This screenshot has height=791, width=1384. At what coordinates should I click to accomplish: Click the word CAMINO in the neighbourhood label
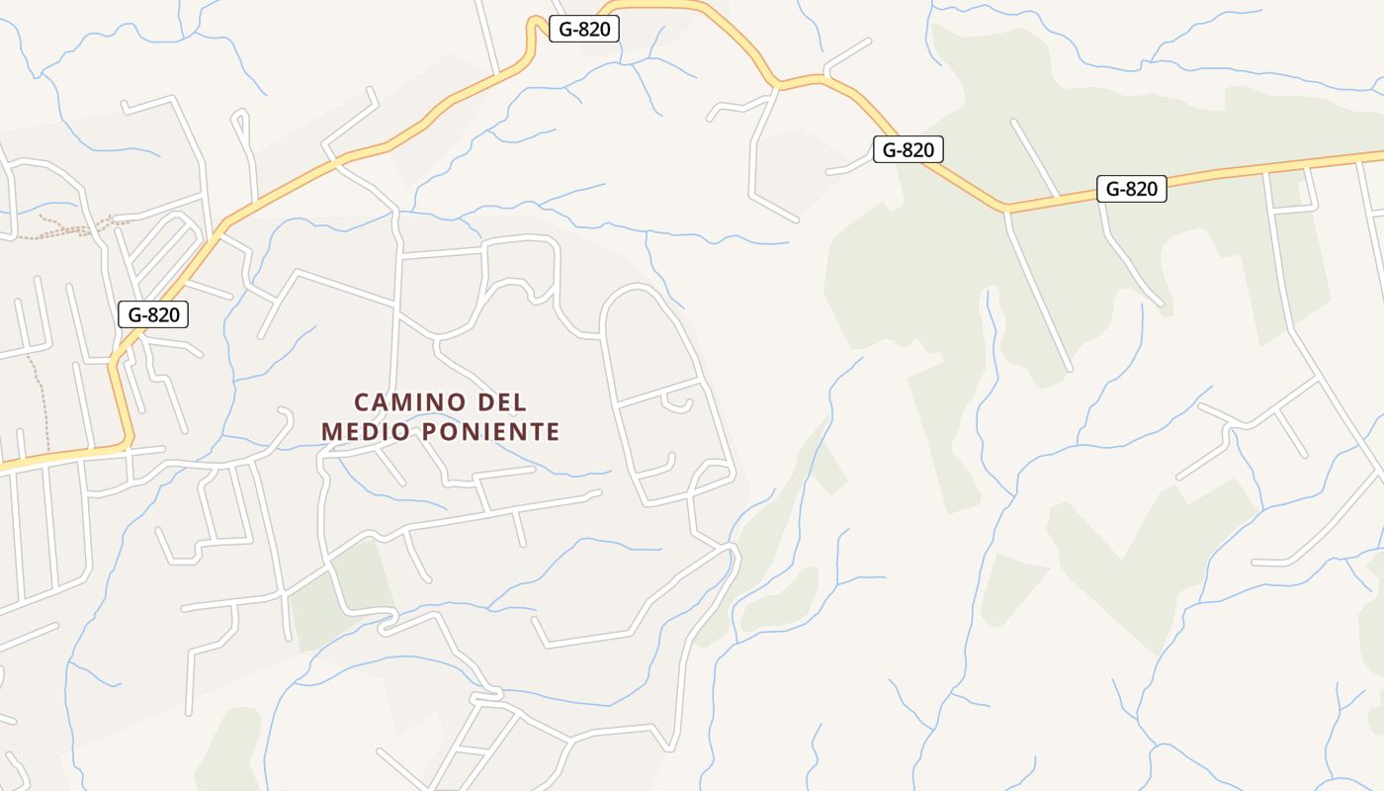pos(410,402)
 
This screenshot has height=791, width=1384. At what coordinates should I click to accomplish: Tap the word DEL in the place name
pos(502,402)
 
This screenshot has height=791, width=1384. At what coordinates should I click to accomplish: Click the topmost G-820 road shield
pos(584,29)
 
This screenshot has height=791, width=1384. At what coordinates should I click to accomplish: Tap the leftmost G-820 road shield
pos(153,314)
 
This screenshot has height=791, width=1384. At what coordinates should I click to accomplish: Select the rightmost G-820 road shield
pos(1131,189)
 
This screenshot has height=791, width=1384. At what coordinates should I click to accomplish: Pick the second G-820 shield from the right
pos(908,149)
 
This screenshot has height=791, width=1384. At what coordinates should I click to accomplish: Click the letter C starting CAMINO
pos(362,402)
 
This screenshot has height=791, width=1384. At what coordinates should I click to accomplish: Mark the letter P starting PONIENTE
pos(429,432)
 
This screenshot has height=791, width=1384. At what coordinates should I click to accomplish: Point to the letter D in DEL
pos(484,402)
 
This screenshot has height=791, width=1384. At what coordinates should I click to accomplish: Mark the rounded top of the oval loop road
pos(634,288)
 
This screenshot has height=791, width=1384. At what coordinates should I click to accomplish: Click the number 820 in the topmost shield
pos(594,29)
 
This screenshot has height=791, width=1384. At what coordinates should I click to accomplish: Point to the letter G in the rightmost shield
pos(1110,189)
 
